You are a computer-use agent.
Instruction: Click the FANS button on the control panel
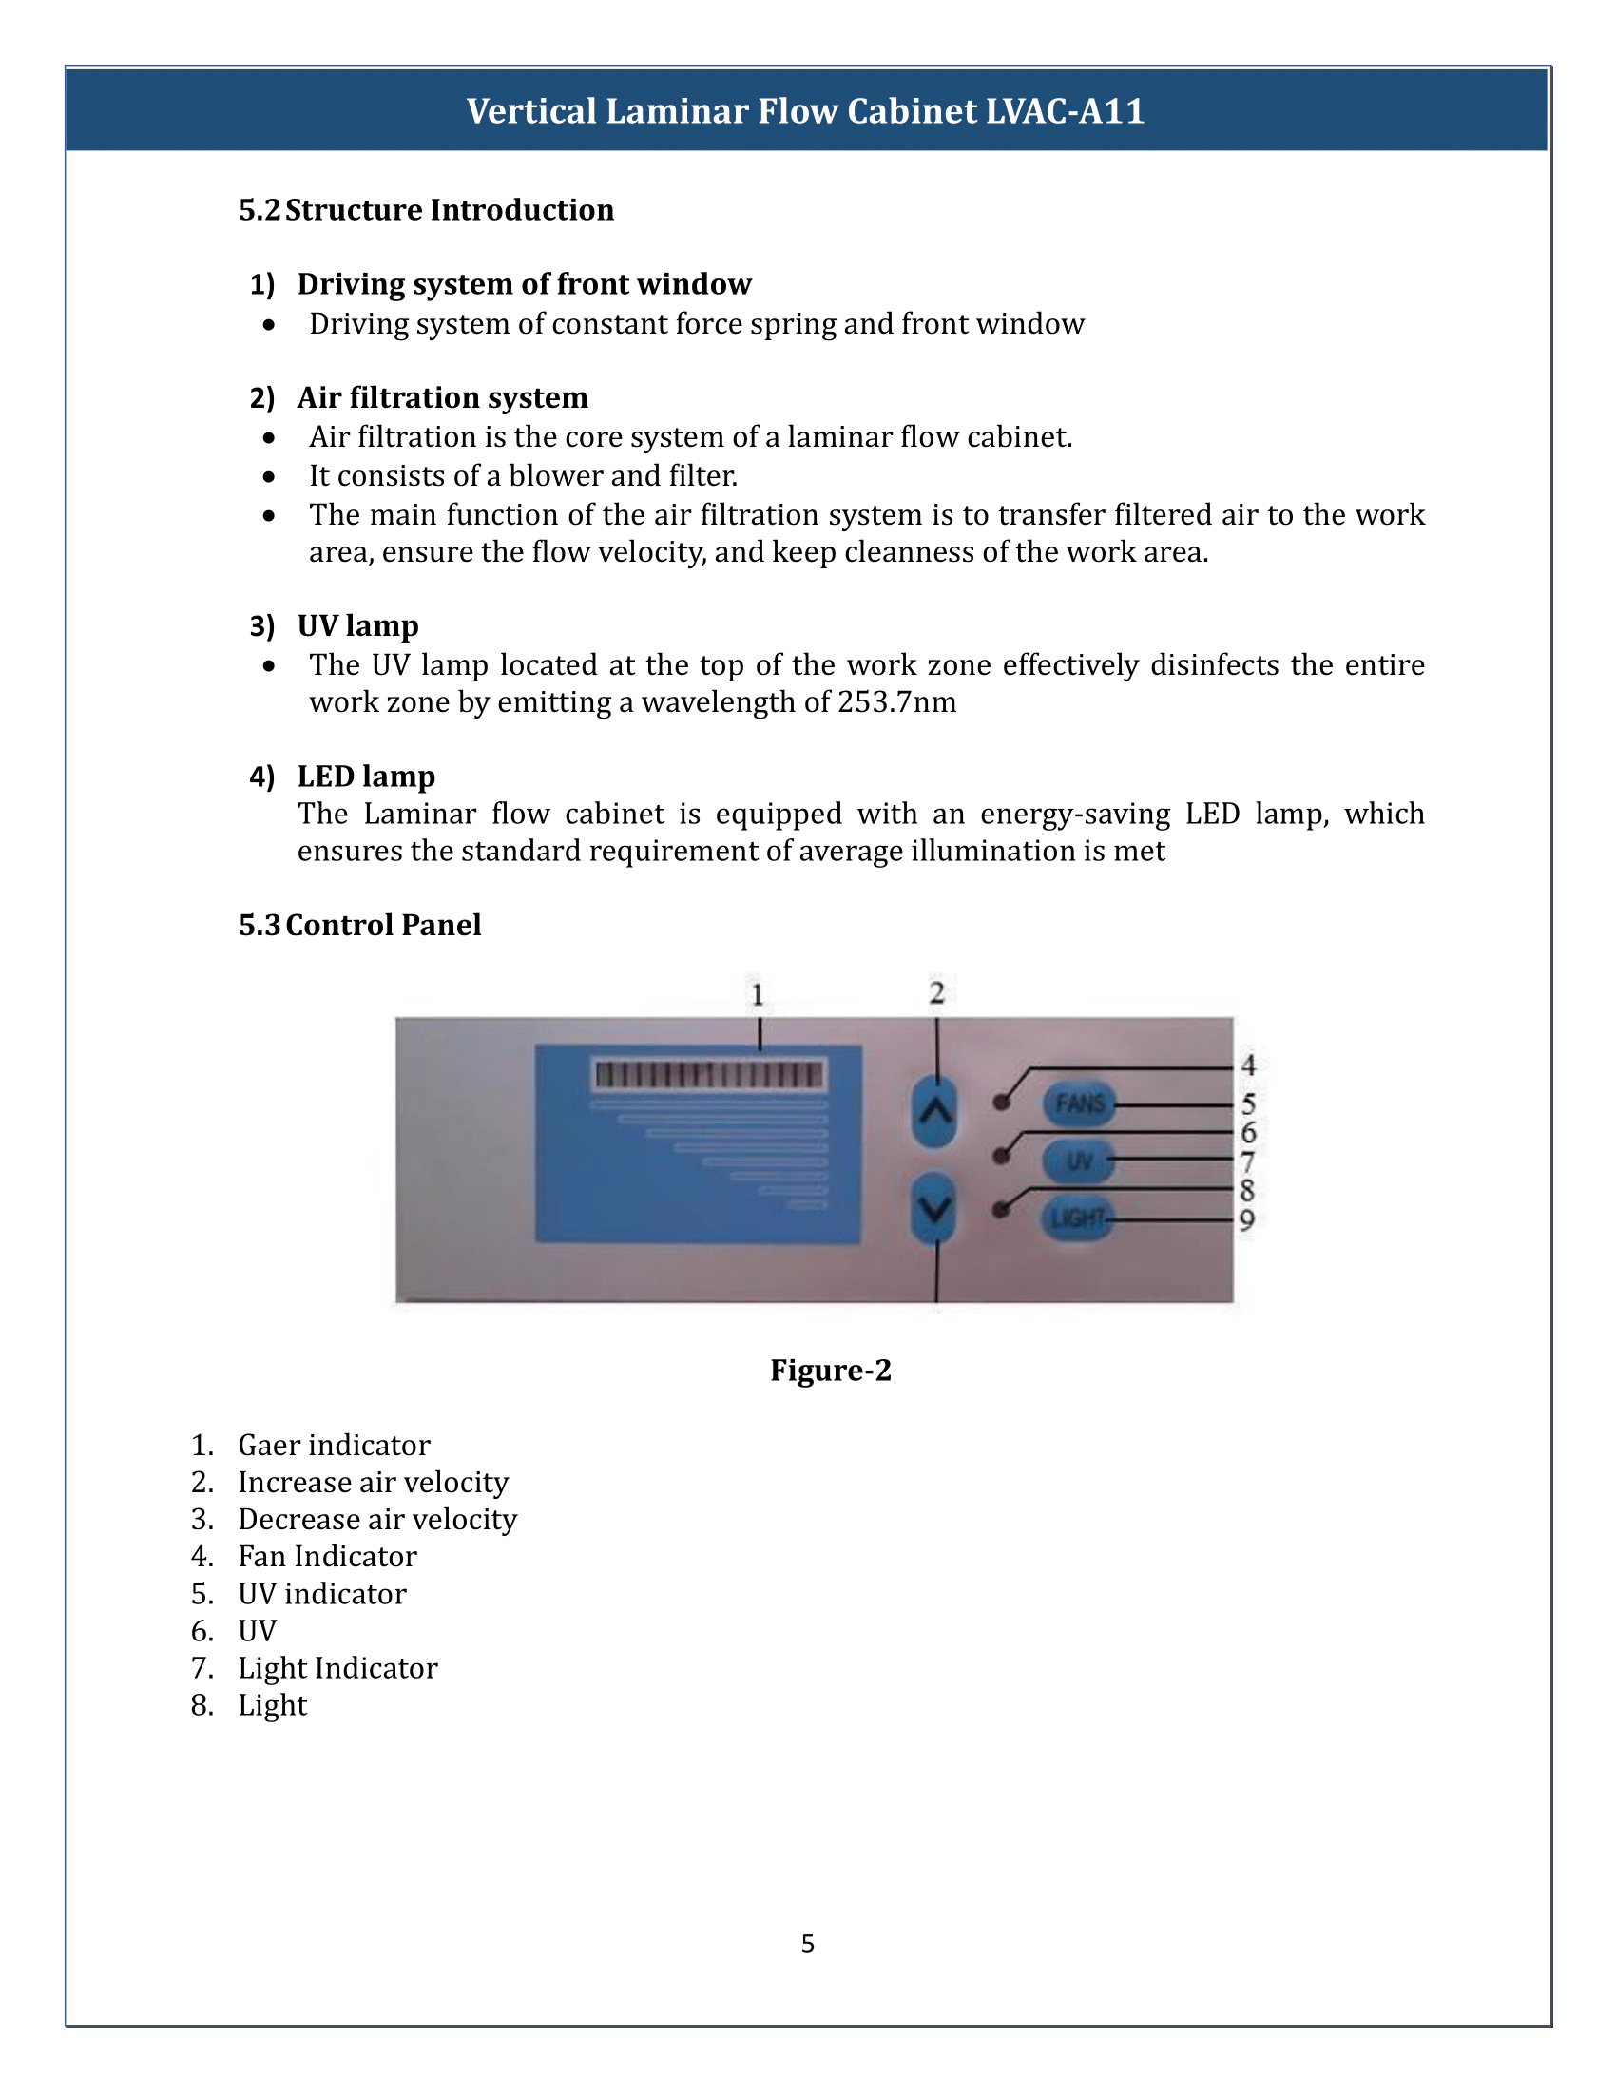click(1080, 1103)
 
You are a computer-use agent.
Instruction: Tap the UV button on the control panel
click(1078, 1161)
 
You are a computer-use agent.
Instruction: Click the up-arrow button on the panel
click(935, 1112)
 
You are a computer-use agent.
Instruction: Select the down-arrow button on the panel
click(935, 1208)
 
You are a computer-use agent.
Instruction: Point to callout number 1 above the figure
click(758, 995)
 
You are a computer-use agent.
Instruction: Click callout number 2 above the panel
click(936, 993)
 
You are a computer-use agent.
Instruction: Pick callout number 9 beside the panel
click(1246, 1219)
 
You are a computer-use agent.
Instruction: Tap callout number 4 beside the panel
click(1247, 1065)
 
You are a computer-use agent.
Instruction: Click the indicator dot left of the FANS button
click(1002, 1103)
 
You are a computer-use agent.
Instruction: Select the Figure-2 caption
click(830, 1370)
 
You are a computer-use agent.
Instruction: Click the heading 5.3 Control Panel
click(360, 925)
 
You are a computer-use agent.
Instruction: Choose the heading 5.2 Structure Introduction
click(426, 210)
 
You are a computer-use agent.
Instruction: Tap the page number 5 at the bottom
click(808, 1944)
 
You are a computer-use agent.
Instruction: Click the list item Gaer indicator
click(333, 1445)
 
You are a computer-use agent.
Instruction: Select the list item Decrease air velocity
click(377, 1520)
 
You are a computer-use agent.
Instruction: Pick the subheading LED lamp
click(366, 776)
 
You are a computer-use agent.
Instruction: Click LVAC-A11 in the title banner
click(1065, 111)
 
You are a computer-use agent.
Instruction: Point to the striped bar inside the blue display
click(709, 1074)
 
